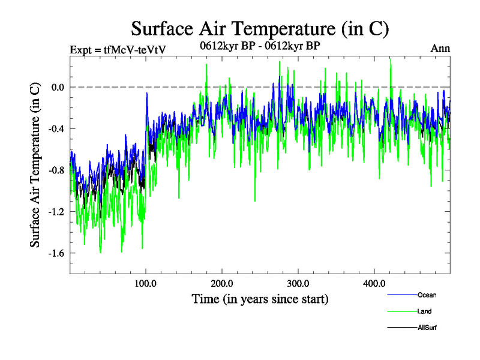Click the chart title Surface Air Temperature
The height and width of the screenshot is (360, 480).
coord(260,28)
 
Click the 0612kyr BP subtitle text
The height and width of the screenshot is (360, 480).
coord(259,44)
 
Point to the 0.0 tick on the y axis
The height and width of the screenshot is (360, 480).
coord(56,87)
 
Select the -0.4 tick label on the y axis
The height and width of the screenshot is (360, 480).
coord(55,128)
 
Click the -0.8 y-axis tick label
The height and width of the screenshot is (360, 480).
coord(55,170)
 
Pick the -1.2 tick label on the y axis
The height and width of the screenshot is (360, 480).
coord(55,211)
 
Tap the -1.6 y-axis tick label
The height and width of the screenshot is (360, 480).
coord(55,253)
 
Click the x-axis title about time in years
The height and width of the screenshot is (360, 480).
coord(260,298)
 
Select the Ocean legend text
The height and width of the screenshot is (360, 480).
coord(427,295)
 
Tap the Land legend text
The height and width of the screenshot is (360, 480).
coord(424,311)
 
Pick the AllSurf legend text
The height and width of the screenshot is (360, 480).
coord(427,328)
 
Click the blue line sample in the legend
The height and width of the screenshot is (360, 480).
coord(402,295)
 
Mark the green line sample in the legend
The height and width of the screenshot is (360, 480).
coord(402,311)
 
